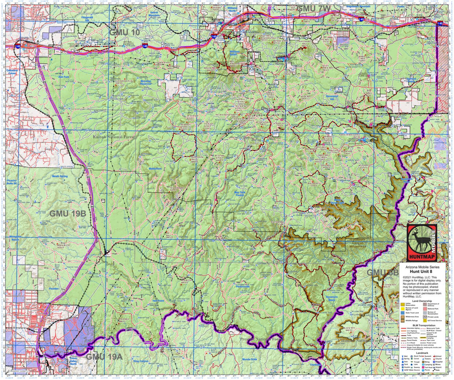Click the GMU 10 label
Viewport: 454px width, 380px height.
tap(124, 33)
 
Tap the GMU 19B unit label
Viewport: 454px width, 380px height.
tap(68, 213)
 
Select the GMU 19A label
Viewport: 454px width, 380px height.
tap(104, 356)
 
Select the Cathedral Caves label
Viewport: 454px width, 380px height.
tap(14, 72)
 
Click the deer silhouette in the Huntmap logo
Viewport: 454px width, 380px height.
tap(418, 242)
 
